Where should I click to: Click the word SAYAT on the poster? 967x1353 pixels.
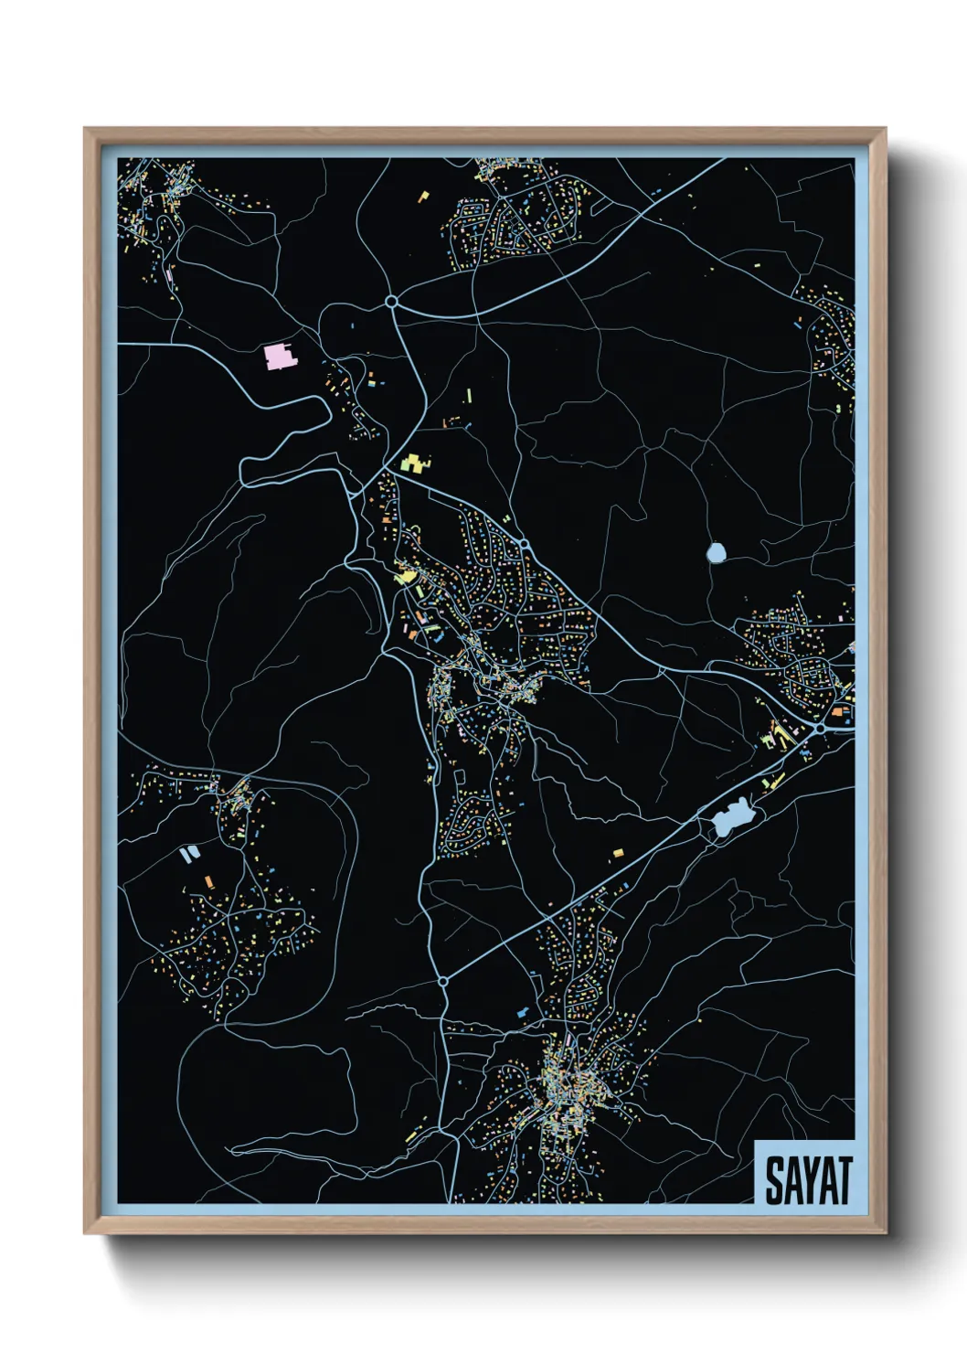808,1179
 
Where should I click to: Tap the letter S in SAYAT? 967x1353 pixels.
773,1180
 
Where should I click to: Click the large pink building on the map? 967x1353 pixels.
280,356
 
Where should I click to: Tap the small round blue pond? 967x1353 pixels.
716,552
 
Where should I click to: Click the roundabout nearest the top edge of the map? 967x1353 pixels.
391,301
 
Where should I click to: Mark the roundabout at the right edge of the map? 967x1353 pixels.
820,728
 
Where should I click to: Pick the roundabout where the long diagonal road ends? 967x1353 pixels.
442,982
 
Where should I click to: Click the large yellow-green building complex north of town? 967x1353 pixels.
415,463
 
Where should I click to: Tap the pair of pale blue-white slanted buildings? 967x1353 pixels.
189,854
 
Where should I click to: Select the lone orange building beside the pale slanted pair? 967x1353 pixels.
209,881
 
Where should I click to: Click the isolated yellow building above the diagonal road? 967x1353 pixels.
618,853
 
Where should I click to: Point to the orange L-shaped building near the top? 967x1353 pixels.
423,196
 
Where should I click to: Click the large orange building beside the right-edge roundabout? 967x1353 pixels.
837,708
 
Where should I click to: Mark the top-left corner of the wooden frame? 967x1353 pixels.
85,129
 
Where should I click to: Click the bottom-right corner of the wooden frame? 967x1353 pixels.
885,1233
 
